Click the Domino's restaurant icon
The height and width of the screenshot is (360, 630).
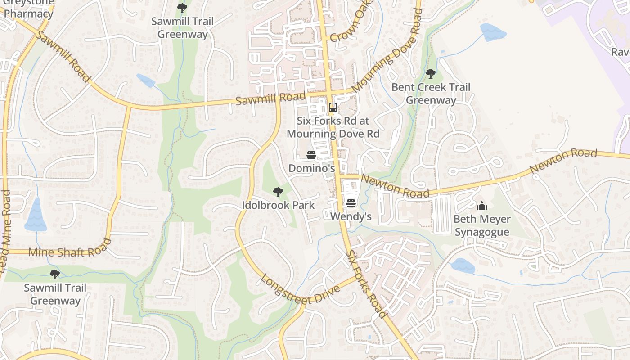(311, 155)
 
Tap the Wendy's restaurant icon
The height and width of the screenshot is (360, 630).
(351, 203)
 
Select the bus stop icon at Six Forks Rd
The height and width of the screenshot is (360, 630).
(333, 108)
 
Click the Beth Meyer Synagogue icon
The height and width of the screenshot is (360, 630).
(482, 206)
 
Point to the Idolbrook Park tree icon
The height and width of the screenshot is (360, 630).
(278, 192)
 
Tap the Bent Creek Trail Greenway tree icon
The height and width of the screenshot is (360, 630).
(431, 73)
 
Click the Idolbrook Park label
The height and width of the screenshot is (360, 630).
(278, 205)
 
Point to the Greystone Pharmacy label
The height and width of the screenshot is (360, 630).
(29, 10)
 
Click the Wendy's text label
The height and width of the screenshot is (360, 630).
(351, 216)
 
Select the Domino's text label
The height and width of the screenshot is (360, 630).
(311, 168)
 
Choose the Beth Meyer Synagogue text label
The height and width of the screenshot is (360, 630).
(482, 226)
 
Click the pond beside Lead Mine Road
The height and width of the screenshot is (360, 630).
(36, 217)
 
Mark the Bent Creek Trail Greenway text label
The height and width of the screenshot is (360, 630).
(431, 94)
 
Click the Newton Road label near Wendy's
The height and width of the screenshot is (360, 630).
(395, 186)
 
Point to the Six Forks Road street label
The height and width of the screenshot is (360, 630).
(365, 284)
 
